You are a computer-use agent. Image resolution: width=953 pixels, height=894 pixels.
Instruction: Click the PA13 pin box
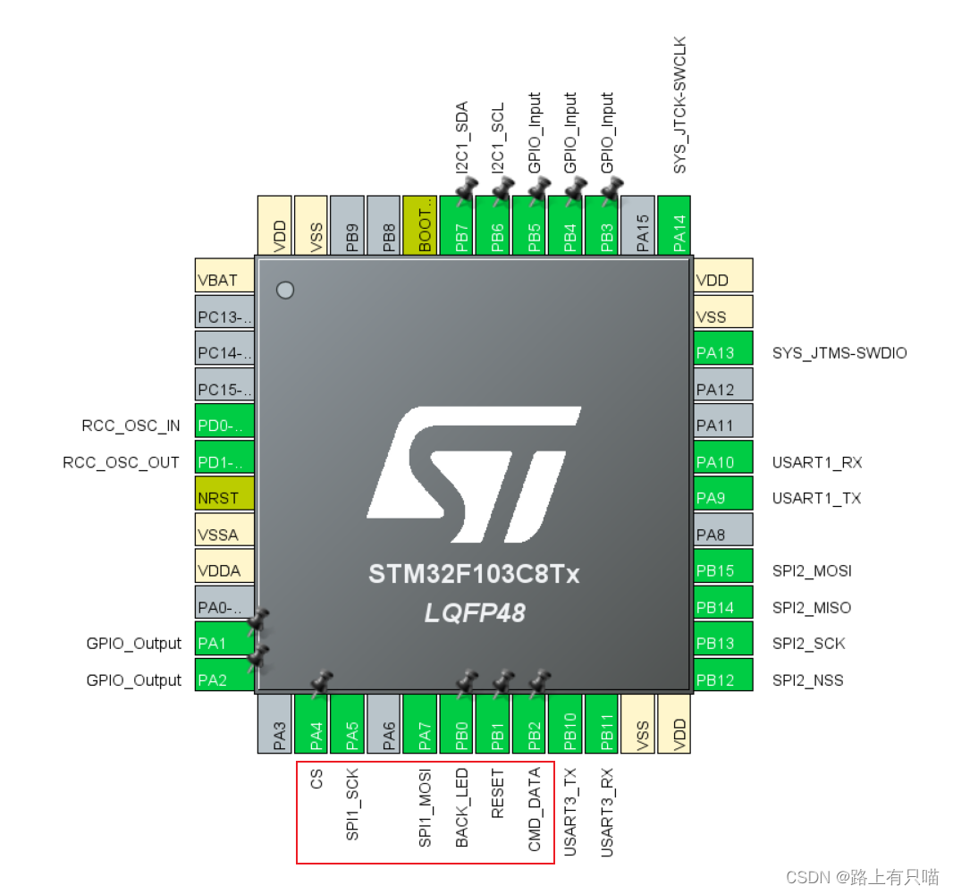pos(722,352)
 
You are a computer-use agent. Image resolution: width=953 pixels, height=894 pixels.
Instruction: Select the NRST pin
pos(224,498)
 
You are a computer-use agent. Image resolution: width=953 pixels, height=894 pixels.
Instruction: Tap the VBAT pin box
pos(224,280)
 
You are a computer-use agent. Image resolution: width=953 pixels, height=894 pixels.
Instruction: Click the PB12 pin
pos(722,680)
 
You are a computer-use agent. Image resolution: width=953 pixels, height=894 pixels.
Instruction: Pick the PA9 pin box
pos(722,498)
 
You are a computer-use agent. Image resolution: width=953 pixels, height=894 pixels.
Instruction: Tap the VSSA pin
pos(224,535)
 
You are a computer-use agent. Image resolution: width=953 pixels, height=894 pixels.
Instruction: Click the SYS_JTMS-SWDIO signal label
pos(839,353)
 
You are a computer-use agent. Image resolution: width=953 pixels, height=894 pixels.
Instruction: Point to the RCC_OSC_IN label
pos(131,426)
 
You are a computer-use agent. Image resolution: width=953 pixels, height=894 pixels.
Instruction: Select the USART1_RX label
pos(817,462)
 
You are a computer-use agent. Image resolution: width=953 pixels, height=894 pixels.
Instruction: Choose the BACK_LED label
pos(461,807)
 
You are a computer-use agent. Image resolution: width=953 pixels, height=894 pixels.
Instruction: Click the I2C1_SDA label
pos(462,137)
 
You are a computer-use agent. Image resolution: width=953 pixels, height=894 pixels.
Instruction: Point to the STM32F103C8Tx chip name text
pos(474,574)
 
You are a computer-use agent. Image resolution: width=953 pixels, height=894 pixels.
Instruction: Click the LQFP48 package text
pos(474,613)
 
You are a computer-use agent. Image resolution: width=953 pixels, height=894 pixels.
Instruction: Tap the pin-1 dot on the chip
pos(285,290)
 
